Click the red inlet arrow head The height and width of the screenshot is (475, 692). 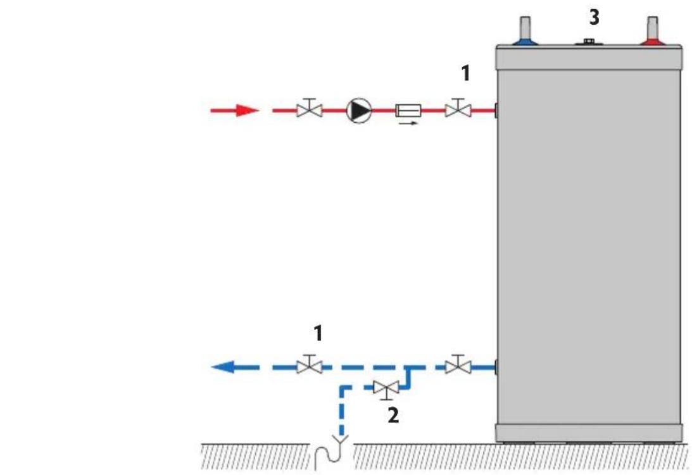click(248, 111)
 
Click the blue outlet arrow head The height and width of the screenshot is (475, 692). click(222, 366)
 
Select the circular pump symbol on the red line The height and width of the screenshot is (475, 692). click(359, 111)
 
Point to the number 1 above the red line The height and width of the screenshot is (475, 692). click(465, 74)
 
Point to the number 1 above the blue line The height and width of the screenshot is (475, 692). click(318, 332)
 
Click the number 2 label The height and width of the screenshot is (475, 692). click(393, 416)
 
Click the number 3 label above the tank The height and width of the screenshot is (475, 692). click(593, 18)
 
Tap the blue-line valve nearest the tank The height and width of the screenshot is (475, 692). click(456, 365)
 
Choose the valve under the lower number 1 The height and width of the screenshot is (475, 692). click(310, 365)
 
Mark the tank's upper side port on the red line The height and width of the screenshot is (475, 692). click(496, 111)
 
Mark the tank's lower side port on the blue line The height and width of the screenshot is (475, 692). click(496, 366)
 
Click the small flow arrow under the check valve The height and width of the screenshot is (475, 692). click(408, 123)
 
